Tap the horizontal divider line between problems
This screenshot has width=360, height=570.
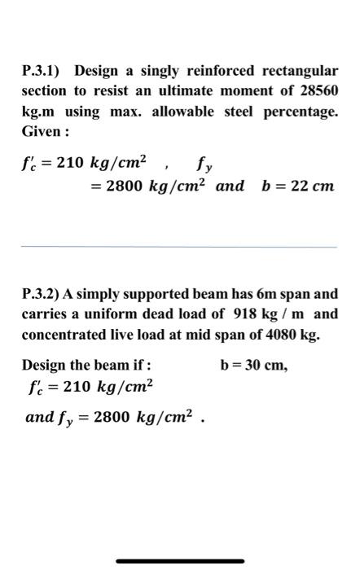[x=179, y=247]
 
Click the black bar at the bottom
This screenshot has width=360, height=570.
[x=180, y=561]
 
